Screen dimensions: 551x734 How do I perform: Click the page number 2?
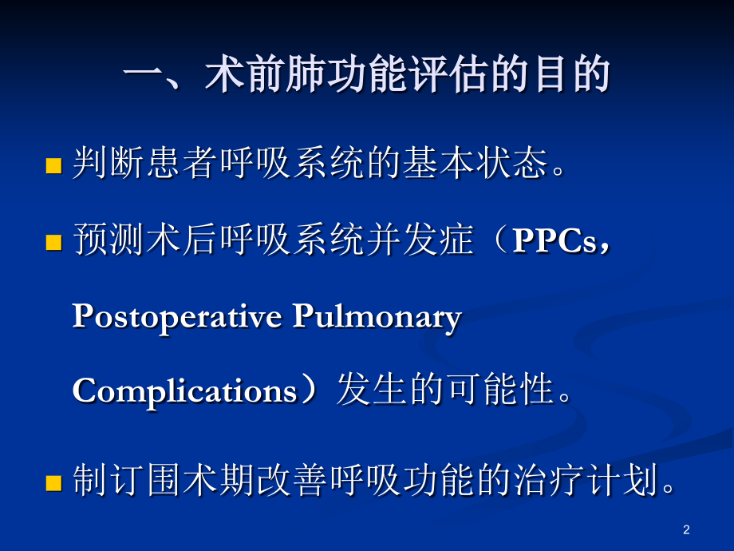686,529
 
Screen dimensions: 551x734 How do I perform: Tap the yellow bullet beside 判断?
53,166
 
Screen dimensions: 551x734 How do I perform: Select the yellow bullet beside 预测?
53,243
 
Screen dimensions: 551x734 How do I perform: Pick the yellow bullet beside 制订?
53,482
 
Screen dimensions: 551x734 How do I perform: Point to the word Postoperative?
176,317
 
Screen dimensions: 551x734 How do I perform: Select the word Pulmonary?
377,317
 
